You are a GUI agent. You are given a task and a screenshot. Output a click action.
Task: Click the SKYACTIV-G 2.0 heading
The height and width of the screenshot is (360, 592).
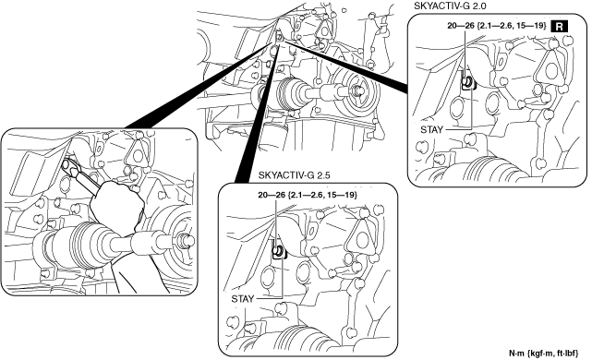[444, 6]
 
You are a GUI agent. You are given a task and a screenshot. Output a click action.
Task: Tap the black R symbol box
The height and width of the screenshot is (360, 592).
[559, 27]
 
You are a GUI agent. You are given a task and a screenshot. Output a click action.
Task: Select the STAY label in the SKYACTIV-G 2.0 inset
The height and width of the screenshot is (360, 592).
[431, 130]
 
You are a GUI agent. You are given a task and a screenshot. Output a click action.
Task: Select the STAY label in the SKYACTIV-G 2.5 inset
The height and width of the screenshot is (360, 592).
[242, 299]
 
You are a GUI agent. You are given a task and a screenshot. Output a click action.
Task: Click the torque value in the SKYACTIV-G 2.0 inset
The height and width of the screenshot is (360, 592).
[497, 26]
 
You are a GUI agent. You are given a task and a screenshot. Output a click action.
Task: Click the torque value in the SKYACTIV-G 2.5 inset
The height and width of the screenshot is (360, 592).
[308, 195]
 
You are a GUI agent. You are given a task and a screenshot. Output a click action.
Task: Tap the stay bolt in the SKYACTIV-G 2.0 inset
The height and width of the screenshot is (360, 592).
[468, 81]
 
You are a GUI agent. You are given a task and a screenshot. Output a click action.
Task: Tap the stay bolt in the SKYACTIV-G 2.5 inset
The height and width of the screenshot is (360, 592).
[279, 250]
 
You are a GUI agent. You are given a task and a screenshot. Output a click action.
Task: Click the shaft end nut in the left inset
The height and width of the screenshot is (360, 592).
[187, 240]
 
